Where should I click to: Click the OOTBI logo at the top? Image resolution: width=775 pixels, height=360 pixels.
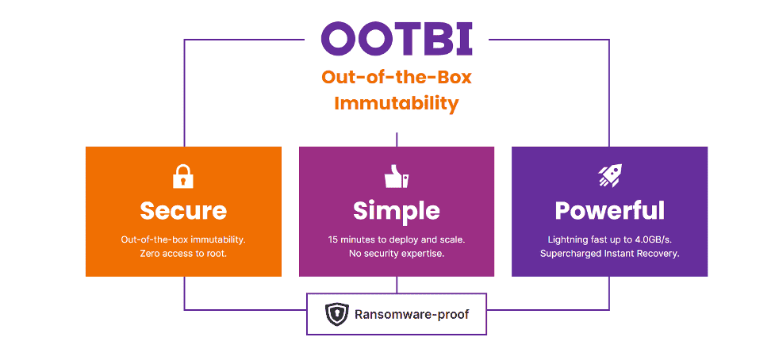(397, 39)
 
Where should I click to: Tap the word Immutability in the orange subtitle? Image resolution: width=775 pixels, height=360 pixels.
(397, 104)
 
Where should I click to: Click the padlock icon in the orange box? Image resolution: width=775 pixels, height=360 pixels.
(183, 176)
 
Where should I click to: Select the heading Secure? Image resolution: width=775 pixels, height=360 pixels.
(183, 211)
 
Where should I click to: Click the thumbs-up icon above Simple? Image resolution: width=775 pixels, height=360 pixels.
(397, 176)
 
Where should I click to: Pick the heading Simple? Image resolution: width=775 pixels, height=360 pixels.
(397, 212)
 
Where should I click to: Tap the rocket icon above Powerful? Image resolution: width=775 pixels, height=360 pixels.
(609, 176)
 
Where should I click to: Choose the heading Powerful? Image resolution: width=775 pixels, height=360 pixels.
(609, 211)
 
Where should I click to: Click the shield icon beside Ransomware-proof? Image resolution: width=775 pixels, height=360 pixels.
(337, 314)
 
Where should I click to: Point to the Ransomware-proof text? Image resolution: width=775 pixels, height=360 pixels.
(412, 315)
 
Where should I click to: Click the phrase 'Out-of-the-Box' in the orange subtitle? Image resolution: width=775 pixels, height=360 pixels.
(397, 78)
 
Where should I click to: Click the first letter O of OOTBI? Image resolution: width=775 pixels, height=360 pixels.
(338, 39)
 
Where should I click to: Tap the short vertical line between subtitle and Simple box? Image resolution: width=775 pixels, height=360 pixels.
(397, 140)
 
